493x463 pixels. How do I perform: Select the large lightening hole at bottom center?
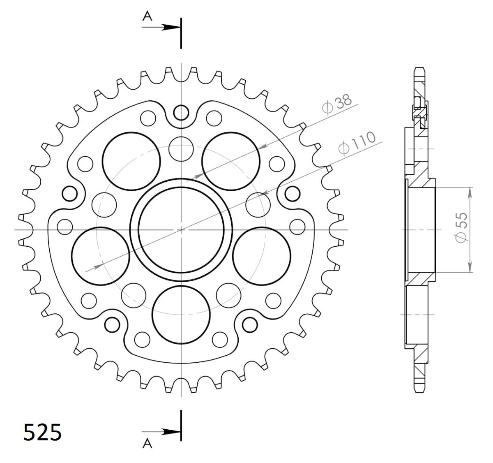(181, 314)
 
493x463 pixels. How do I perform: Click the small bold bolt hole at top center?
(181, 112)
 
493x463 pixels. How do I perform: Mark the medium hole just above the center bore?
(181, 147)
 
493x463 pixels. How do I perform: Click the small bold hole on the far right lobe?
(293, 192)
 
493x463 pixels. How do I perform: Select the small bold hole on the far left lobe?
(69, 192)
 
